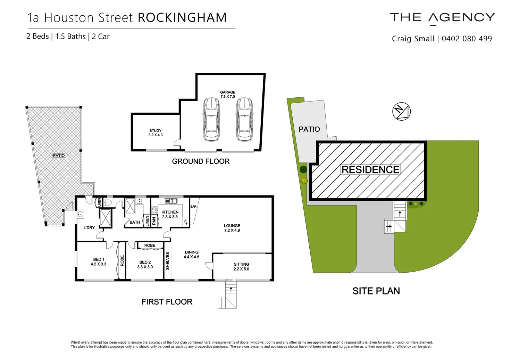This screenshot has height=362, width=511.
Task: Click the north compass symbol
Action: pos(401,112)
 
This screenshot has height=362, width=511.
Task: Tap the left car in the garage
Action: pos(211,119)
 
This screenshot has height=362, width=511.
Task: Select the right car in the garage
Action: pos(244,119)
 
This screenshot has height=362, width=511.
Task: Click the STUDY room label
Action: pos(156,133)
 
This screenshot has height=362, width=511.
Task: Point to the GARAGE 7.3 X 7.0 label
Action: pos(228,94)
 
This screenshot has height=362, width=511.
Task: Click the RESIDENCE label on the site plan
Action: pos(370,170)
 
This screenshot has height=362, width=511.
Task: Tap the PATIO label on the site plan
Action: pos(309,129)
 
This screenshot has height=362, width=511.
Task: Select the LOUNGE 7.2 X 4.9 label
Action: pos(232,228)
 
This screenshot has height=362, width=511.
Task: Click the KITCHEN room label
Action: pos(170,214)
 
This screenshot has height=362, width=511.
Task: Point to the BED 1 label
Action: pos(99,262)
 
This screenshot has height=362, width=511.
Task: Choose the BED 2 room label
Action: pos(145,265)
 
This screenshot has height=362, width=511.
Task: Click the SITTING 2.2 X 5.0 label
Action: pos(241,267)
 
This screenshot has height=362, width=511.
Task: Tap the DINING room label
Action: pos(192,255)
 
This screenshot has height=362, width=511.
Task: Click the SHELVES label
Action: pos(168,261)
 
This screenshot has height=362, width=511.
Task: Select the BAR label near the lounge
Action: pos(193,207)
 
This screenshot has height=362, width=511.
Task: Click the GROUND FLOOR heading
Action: pos(201,161)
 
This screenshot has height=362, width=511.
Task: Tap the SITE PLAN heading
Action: pos(376,291)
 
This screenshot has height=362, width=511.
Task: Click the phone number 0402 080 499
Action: pos(467,39)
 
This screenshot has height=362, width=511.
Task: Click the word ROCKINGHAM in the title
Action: pos(182,18)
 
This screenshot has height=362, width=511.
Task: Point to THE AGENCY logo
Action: pos(442,18)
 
